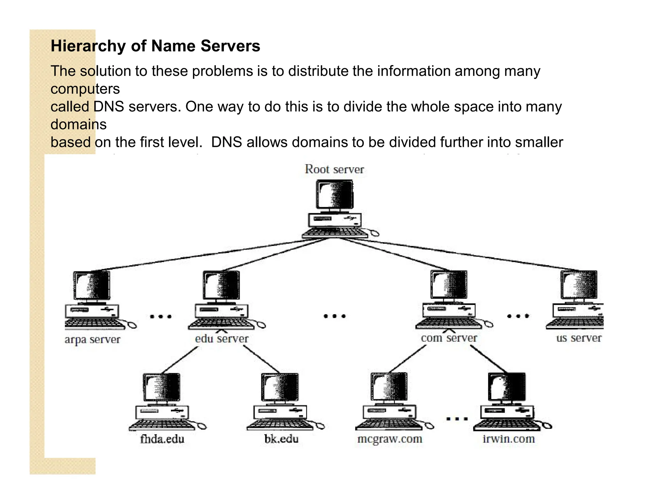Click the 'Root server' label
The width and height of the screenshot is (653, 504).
tap(334, 169)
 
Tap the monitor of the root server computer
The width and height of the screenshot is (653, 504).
tap(334, 194)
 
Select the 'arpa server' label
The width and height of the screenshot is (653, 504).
tap(92, 339)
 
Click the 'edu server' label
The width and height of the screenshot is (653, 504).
tap(222, 339)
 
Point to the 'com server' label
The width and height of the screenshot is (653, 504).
tap(449, 338)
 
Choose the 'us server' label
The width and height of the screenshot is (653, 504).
tap(579, 338)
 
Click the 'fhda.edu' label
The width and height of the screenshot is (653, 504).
tap(162, 439)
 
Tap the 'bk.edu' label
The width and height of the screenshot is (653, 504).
tap(281, 439)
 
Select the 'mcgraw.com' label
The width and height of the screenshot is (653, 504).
tap(390, 439)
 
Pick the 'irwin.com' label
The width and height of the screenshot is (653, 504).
tap(509, 439)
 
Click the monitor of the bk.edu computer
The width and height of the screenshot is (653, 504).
tap(280, 387)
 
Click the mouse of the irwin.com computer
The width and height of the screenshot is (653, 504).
tap(547, 426)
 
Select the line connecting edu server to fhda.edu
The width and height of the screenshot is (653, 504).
tap(179, 360)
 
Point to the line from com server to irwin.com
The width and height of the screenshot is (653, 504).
tap(488, 359)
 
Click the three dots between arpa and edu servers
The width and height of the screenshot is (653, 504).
tap(161, 316)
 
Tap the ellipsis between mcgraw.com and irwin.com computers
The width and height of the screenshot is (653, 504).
tap(457, 419)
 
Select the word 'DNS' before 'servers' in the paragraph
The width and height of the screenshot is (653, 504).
tap(109, 106)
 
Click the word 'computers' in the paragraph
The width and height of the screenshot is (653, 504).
tap(85, 89)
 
